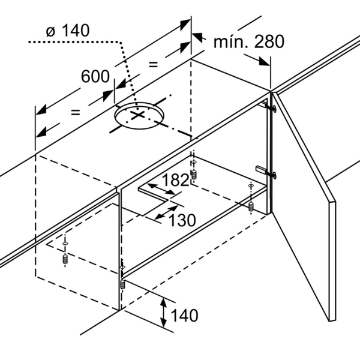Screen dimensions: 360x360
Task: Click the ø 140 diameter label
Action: (68, 31)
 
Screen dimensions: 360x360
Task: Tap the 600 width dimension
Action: (95, 76)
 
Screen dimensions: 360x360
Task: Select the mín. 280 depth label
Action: (249, 41)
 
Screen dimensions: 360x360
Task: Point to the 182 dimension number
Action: (175, 180)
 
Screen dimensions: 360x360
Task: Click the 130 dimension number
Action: (182, 220)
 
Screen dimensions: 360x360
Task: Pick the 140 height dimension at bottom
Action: (184, 315)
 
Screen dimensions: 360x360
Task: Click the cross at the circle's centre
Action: (137, 115)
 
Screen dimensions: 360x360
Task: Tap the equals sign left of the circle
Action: (76, 113)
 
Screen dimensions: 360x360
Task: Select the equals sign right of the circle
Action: (154, 65)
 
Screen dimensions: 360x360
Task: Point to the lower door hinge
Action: (266, 172)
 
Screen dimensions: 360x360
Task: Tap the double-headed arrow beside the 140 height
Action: (163, 312)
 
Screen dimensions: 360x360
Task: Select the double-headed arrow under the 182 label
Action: (161, 190)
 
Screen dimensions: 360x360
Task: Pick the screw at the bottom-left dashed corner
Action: (65, 260)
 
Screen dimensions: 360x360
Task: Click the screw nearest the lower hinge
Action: (251, 207)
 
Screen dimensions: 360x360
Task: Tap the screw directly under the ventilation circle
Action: (194, 175)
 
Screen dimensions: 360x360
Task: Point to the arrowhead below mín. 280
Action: (264, 61)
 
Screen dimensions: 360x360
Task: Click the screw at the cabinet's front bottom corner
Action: (122, 284)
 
